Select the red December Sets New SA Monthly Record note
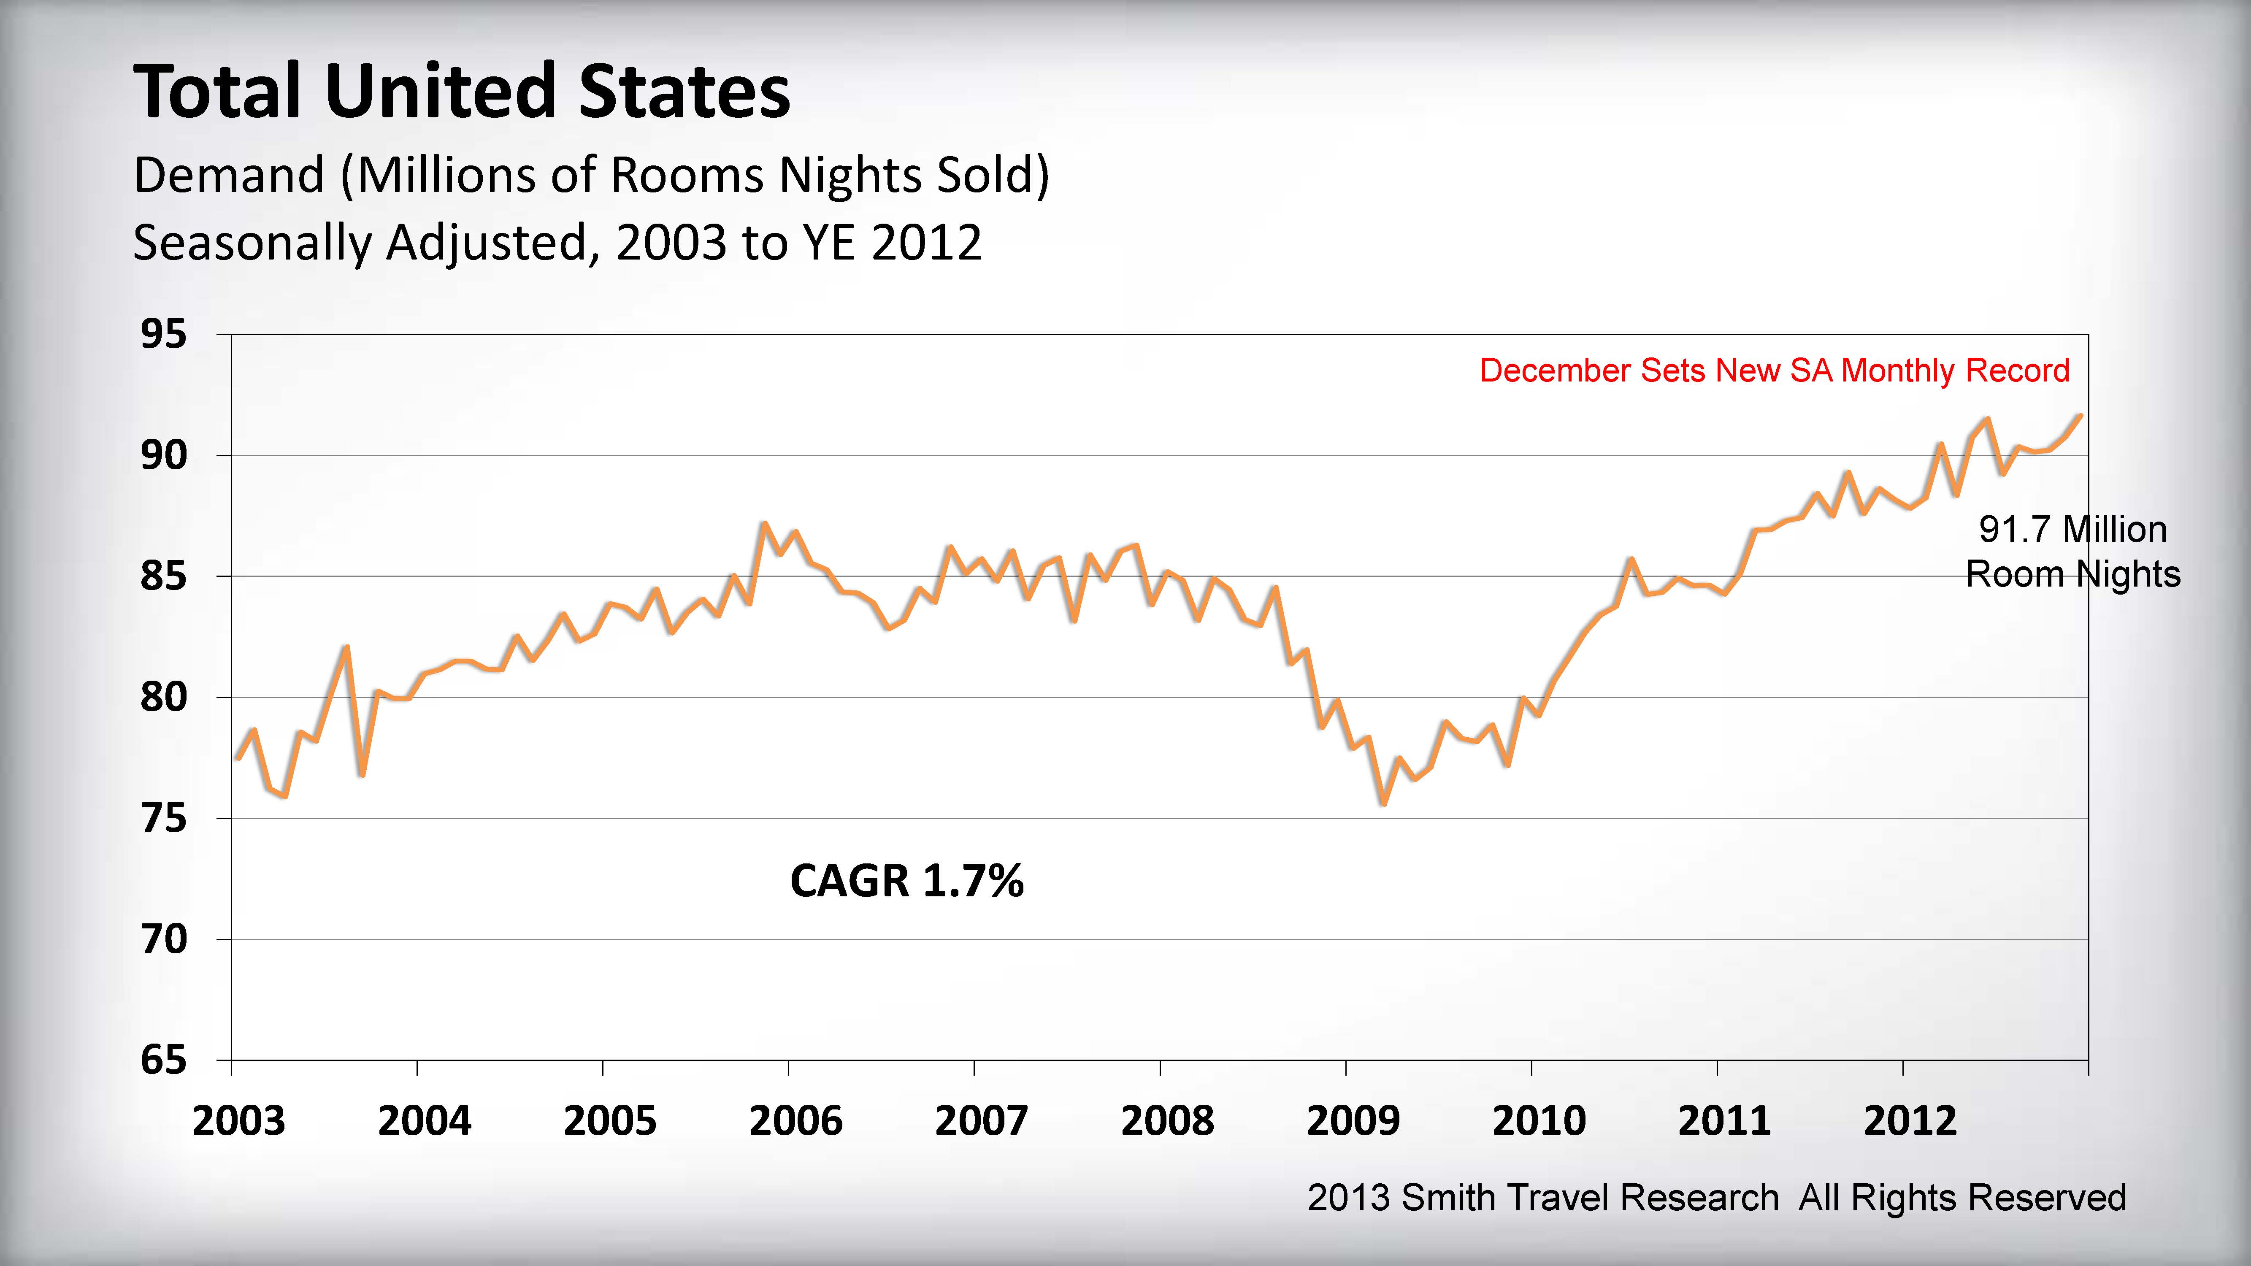1774,371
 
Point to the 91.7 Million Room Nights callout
2072,551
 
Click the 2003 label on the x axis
238,1121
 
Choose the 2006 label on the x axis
795,1121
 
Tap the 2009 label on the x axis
1353,1121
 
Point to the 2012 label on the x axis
1910,1121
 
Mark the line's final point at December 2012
2081,416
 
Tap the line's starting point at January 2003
238,757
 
